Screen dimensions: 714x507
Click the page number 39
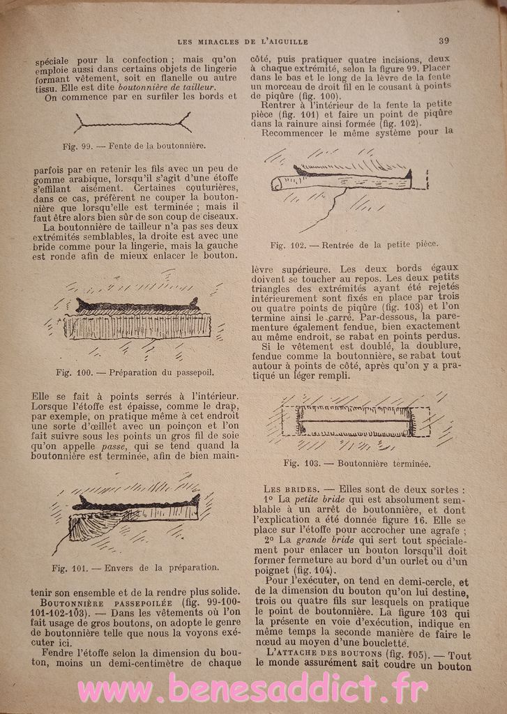444,40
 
